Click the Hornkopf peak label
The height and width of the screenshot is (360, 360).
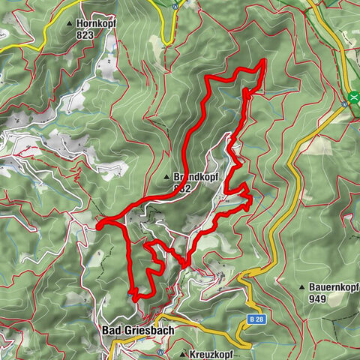97,24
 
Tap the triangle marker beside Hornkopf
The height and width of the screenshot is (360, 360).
71,24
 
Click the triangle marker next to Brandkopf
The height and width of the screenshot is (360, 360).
167,177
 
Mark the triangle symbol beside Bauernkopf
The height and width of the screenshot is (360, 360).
302,286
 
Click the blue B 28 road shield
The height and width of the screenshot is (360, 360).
255,319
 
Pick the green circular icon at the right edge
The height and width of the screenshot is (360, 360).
354,97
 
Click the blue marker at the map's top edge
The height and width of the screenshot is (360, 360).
174,4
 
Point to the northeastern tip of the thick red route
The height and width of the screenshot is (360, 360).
265,61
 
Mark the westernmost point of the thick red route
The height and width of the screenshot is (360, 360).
98,223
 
